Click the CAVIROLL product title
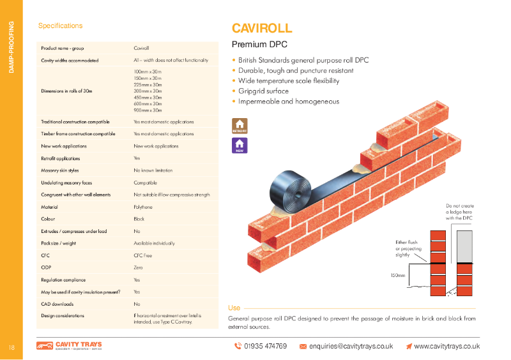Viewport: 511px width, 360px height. tap(261, 28)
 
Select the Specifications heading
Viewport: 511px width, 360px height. tap(60, 26)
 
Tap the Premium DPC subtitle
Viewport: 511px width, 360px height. tap(259, 45)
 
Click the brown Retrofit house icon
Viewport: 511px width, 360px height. tap(240, 125)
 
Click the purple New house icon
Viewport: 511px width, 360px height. tap(240, 146)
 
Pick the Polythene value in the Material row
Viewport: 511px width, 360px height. tap(143, 207)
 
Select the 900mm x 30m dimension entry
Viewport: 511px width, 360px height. tap(148, 110)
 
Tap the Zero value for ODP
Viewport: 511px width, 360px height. tap(138, 267)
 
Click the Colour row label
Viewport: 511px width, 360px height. tap(49, 219)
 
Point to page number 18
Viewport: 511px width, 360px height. tap(11, 347)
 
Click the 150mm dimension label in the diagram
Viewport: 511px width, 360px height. tap(397, 275)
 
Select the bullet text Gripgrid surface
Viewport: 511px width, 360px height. tap(263, 91)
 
